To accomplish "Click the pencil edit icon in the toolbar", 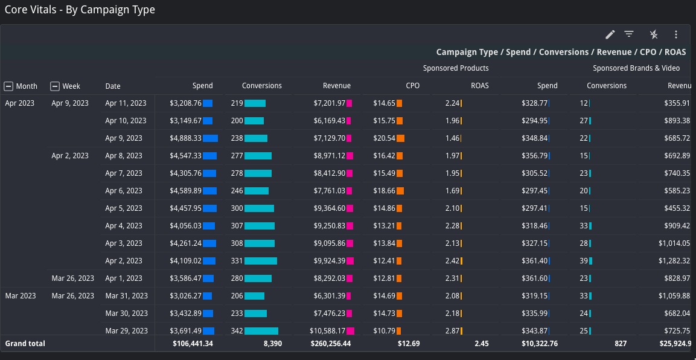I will [610, 34].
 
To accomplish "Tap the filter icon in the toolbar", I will [629, 34].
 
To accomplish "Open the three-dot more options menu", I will [676, 34].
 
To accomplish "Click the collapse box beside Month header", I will [9, 86].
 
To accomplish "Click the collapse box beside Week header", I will [55, 86].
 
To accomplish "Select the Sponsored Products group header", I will [456, 68].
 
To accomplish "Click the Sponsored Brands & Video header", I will [636, 68].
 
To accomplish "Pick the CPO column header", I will [412, 86].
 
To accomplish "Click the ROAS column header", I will [480, 86].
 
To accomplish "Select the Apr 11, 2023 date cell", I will [126, 103].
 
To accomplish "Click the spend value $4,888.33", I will [185, 138].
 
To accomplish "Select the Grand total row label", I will [25, 344].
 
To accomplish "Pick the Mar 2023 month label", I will [21, 296].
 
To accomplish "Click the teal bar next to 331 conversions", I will [261, 261].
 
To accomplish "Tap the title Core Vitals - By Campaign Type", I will [80, 10].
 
